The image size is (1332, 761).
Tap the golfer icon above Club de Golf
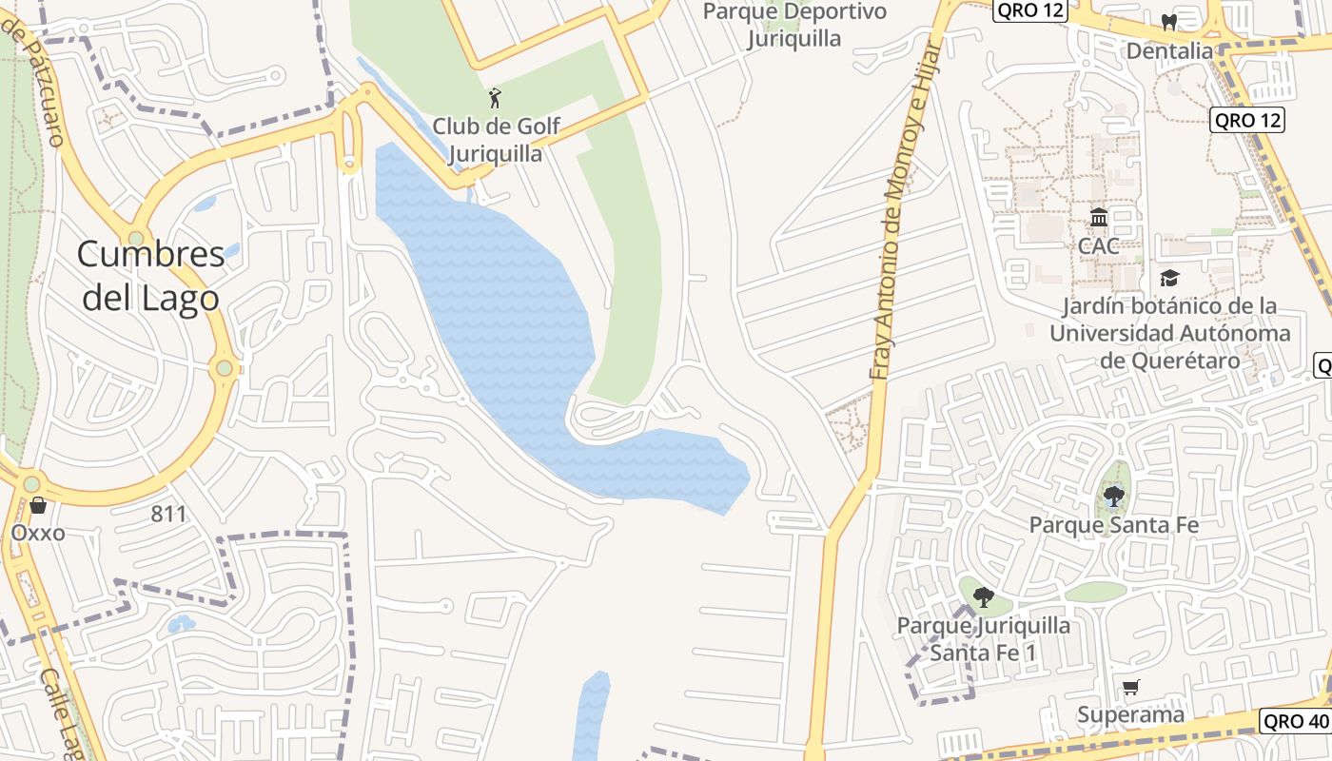point(494,97)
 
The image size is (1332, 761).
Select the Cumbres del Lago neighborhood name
point(150,276)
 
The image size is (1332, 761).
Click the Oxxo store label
point(38,533)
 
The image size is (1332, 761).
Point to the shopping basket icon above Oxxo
point(38,505)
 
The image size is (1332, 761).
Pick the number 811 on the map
point(168,515)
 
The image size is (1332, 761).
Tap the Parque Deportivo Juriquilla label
point(794,25)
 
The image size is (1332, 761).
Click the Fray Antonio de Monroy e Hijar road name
point(899,209)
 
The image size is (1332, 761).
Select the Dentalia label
point(1169,50)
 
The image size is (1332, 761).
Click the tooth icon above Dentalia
point(1169,22)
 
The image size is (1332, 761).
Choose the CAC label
point(1099,245)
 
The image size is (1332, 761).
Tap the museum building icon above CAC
point(1099,218)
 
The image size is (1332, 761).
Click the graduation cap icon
point(1168,278)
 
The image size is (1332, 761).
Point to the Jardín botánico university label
point(1170,333)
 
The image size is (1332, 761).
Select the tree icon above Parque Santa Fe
point(1114,496)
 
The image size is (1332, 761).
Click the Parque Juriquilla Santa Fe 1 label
point(984,639)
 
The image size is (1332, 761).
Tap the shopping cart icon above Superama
point(1131,688)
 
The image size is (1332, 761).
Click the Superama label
point(1131,714)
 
